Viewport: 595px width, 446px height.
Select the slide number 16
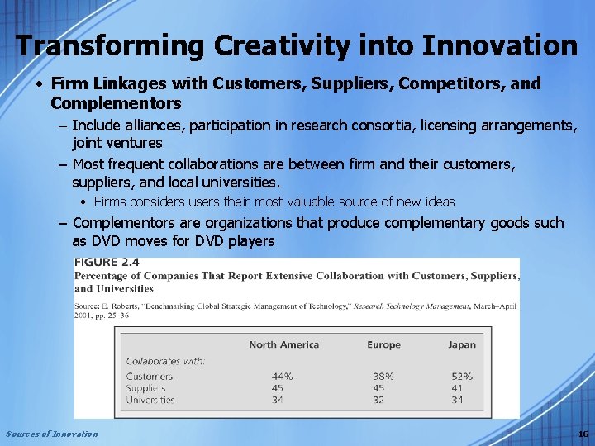click(583, 434)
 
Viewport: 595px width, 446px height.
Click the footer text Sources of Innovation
click(51, 434)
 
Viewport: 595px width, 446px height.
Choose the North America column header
click(283, 344)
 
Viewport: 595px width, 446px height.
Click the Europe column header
click(383, 344)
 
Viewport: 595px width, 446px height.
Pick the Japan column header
click(462, 344)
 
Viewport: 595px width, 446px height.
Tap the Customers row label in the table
click(150, 377)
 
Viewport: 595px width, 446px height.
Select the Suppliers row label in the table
click(145, 388)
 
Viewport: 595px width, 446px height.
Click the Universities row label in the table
click(150, 400)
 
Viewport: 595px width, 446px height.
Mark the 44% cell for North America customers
click(282, 377)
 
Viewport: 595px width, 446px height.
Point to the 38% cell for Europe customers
click(383, 377)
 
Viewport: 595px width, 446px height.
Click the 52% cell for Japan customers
click(462, 377)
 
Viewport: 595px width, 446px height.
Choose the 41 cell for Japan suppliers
click(457, 388)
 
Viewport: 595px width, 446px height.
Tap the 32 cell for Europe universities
click(378, 400)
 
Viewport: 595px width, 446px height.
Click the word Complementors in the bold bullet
click(116, 103)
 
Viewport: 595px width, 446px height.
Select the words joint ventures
click(117, 142)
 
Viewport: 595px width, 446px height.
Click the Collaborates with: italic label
click(165, 361)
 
